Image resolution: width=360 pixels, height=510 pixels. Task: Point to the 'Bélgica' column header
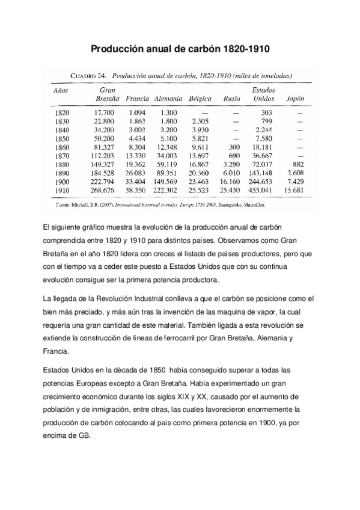(x=199, y=97)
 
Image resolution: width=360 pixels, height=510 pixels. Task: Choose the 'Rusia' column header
(x=231, y=97)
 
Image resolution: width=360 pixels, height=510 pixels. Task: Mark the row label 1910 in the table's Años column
(x=62, y=189)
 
